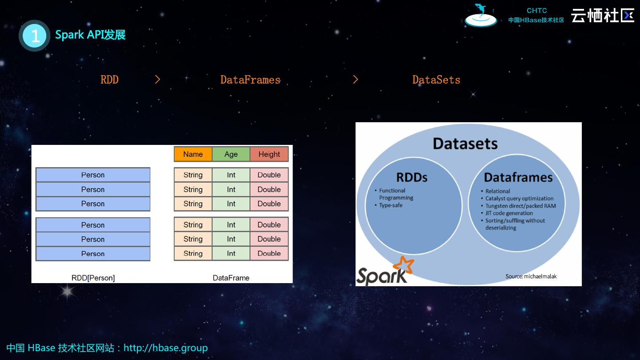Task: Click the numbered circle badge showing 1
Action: pos(35,36)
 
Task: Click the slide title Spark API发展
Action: pos(90,35)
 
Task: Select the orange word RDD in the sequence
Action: pos(109,80)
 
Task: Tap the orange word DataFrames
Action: pos(250,80)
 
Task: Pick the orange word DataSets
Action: pos(436,80)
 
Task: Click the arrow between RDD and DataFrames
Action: pos(157,79)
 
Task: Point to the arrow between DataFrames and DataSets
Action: pos(355,79)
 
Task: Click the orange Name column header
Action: pos(193,154)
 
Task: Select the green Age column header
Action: pos(231,154)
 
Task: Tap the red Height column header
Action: pos(269,154)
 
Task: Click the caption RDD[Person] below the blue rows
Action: pos(93,278)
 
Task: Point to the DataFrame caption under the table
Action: pos(231,278)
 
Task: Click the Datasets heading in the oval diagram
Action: pos(465,144)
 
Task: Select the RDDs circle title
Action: pos(412,177)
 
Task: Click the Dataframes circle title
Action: pos(518,177)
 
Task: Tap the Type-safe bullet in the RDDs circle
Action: pos(391,205)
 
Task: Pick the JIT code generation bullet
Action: pos(509,213)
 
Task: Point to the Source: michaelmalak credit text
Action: pos(531,276)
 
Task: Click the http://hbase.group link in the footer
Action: pos(165,348)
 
